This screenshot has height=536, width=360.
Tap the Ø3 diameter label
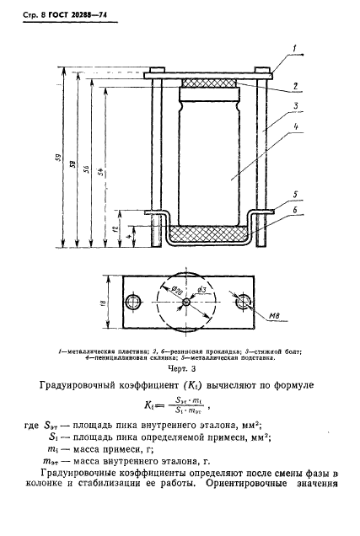[x=201, y=291]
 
